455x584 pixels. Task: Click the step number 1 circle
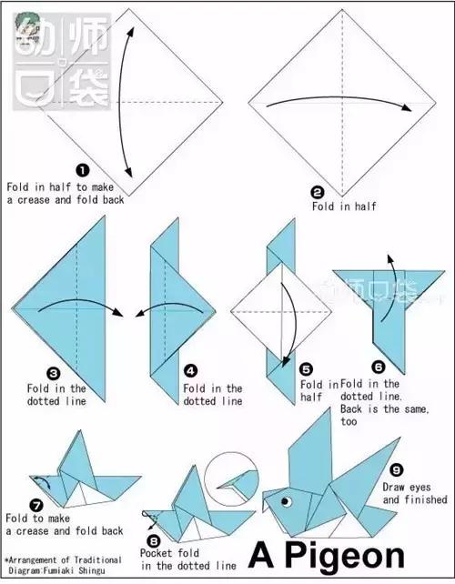click(82, 171)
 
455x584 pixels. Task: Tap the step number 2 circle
click(317, 193)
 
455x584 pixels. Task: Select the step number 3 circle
click(54, 374)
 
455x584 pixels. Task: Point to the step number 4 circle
click(190, 371)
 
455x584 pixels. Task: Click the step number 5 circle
click(307, 369)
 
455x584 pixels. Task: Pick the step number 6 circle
click(378, 368)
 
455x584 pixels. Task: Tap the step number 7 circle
click(36, 506)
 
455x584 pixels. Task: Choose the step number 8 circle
click(154, 540)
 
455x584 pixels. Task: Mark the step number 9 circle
click(397, 470)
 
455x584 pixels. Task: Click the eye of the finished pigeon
click(286, 501)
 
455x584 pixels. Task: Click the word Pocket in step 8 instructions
click(156, 553)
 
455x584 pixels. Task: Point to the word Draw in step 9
click(396, 488)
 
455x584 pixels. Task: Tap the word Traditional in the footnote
click(98, 559)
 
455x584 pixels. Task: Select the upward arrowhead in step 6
click(389, 259)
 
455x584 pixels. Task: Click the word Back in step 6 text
click(350, 409)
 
